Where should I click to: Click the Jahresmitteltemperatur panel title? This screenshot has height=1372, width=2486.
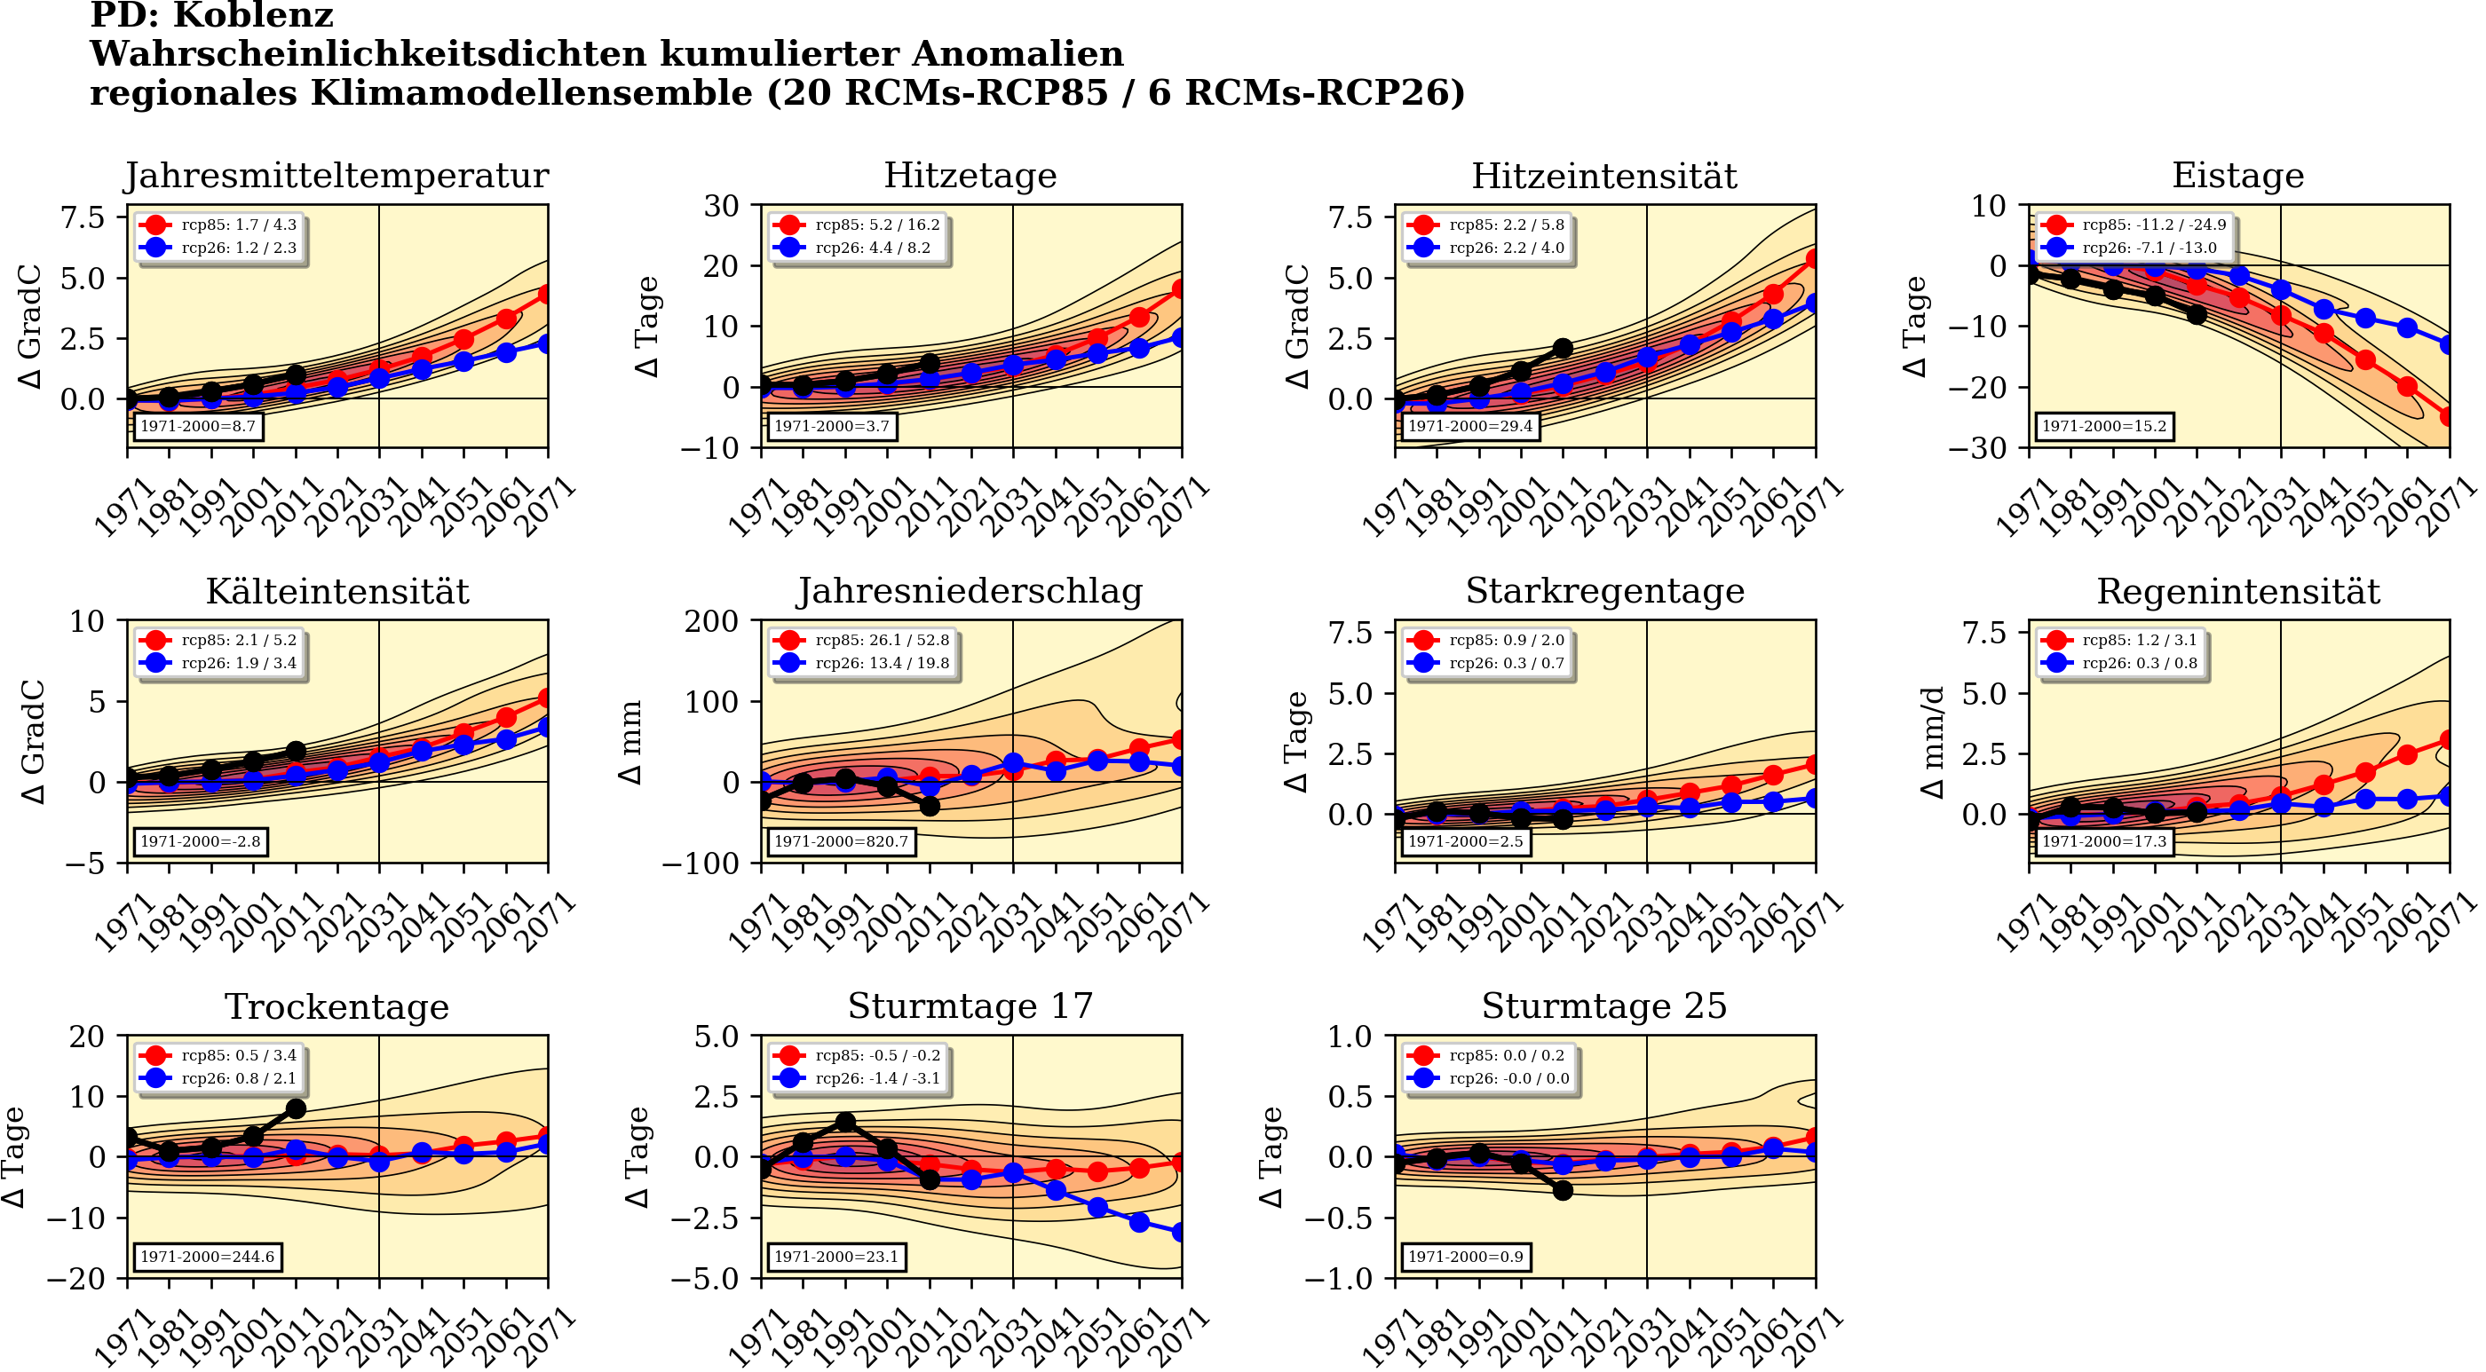[336, 176]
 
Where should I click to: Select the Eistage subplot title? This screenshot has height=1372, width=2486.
[2237, 176]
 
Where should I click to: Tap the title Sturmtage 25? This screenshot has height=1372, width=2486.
[1604, 1006]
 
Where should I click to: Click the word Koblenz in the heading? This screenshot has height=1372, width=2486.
[280, 15]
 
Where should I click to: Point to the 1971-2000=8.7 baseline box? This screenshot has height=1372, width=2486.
[198, 425]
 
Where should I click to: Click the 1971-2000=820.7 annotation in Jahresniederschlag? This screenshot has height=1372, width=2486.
[841, 841]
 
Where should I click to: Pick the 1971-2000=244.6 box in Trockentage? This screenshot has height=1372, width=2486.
[207, 1257]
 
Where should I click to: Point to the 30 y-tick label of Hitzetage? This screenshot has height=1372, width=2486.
[721, 206]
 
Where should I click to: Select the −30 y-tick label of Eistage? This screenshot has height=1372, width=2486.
[1975, 447]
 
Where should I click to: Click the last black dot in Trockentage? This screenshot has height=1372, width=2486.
[297, 1109]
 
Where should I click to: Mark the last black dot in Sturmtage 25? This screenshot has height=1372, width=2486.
[1564, 1191]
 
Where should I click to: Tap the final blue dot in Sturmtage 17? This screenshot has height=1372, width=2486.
[1180, 1232]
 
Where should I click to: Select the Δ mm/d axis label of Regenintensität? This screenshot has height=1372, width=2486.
[1932, 742]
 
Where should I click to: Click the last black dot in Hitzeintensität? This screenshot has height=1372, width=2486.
[1564, 348]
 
